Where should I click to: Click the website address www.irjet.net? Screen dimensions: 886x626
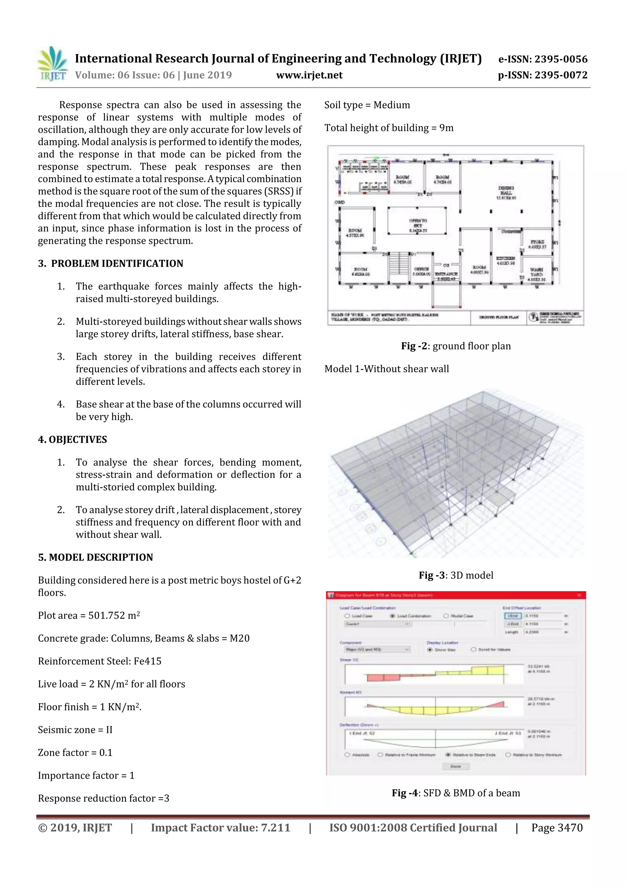click(x=309, y=75)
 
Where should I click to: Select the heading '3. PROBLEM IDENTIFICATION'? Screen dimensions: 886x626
click(x=111, y=264)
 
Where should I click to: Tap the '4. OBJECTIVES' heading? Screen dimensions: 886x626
click(x=72, y=439)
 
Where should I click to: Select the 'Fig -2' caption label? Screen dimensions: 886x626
click(x=414, y=346)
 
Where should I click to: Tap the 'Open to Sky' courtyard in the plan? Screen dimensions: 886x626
click(x=418, y=225)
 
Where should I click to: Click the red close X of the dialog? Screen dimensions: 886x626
click(x=579, y=595)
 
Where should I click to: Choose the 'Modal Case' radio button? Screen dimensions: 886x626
click(x=446, y=616)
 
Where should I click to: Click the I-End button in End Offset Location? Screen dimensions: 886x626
click(x=513, y=616)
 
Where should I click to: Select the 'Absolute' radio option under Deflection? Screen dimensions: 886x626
click(x=347, y=754)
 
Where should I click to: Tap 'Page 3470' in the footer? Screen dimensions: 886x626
click(x=557, y=828)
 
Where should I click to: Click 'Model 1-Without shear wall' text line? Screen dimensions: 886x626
click(x=386, y=369)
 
